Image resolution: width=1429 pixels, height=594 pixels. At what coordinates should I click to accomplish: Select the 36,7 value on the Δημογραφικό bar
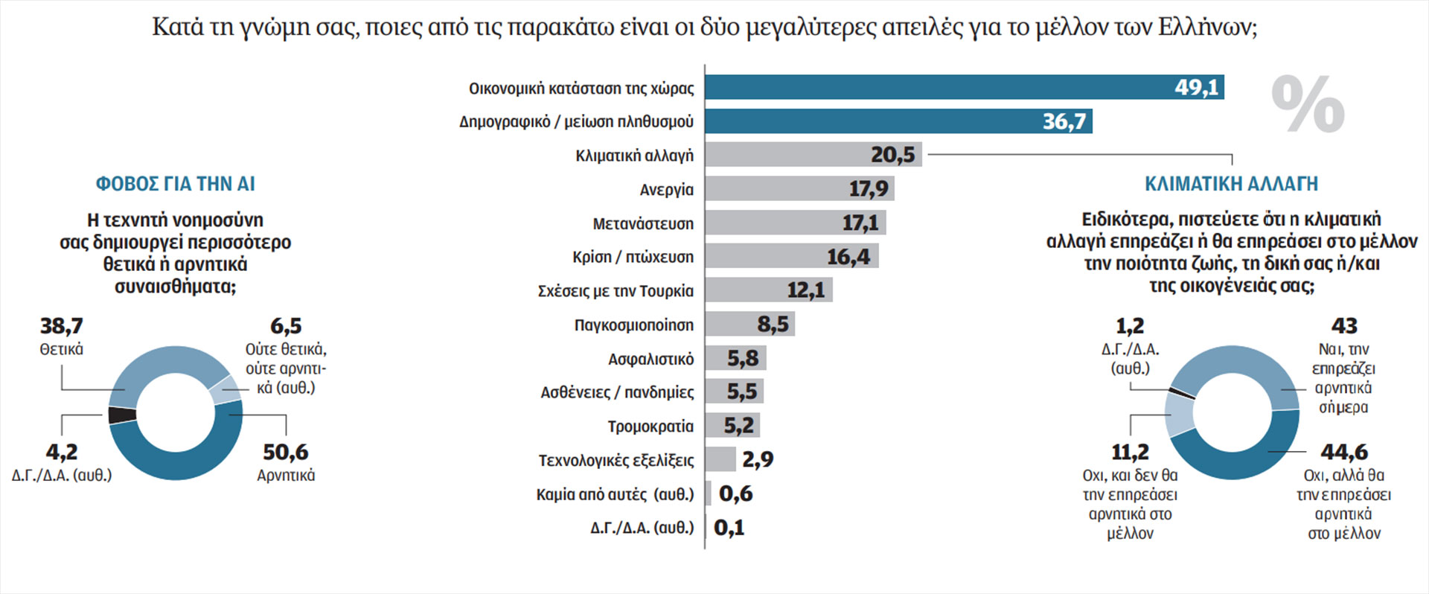[1064, 121]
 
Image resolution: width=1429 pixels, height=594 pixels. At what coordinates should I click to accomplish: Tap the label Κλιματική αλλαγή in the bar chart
[634, 156]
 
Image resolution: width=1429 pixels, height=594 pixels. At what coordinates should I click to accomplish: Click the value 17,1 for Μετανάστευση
[860, 223]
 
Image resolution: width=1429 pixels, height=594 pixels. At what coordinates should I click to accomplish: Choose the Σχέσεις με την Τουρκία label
[616, 291]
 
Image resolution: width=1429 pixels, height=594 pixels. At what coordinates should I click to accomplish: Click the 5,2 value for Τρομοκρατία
[739, 426]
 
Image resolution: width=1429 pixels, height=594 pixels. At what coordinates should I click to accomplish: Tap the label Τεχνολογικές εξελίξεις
[616, 460]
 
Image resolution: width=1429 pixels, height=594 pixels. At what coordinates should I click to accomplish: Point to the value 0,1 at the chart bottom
[729, 528]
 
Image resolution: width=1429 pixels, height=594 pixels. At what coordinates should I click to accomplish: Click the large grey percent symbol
[1308, 105]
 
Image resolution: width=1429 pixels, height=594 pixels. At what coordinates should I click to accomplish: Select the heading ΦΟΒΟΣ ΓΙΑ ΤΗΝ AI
[176, 184]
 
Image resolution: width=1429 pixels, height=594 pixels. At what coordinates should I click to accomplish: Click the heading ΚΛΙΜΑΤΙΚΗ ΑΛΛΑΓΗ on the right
[1231, 184]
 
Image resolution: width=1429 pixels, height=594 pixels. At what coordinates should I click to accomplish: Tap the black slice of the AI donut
[122, 415]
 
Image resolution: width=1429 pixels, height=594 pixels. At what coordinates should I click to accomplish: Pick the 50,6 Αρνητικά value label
[286, 452]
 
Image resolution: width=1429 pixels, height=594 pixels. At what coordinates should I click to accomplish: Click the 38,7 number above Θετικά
[62, 326]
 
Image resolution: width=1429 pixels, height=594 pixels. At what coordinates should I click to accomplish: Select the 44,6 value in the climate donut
[1344, 452]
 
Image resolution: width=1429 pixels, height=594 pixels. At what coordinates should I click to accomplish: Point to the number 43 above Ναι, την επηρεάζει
[1344, 326]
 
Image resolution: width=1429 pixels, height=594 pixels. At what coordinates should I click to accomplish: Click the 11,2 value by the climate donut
[1130, 452]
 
